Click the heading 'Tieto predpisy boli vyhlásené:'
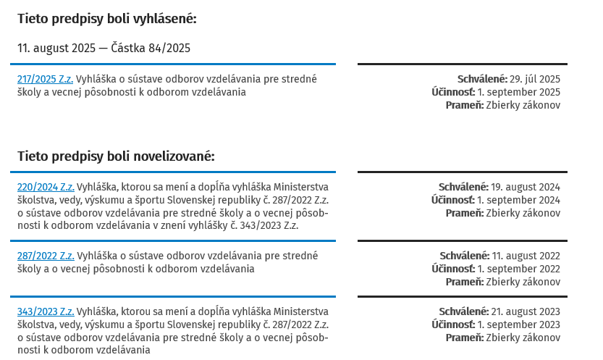pos(107,19)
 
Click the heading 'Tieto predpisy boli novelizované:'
pos(116,156)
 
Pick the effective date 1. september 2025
pos(518,92)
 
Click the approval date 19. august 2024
pos(525,187)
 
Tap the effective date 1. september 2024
pos(518,200)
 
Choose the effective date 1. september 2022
pos(518,269)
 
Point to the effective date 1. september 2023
pos(518,325)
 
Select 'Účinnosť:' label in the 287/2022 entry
pos(453,269)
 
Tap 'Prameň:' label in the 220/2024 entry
pos(464,213)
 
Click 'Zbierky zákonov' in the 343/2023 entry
pos(523,338)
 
